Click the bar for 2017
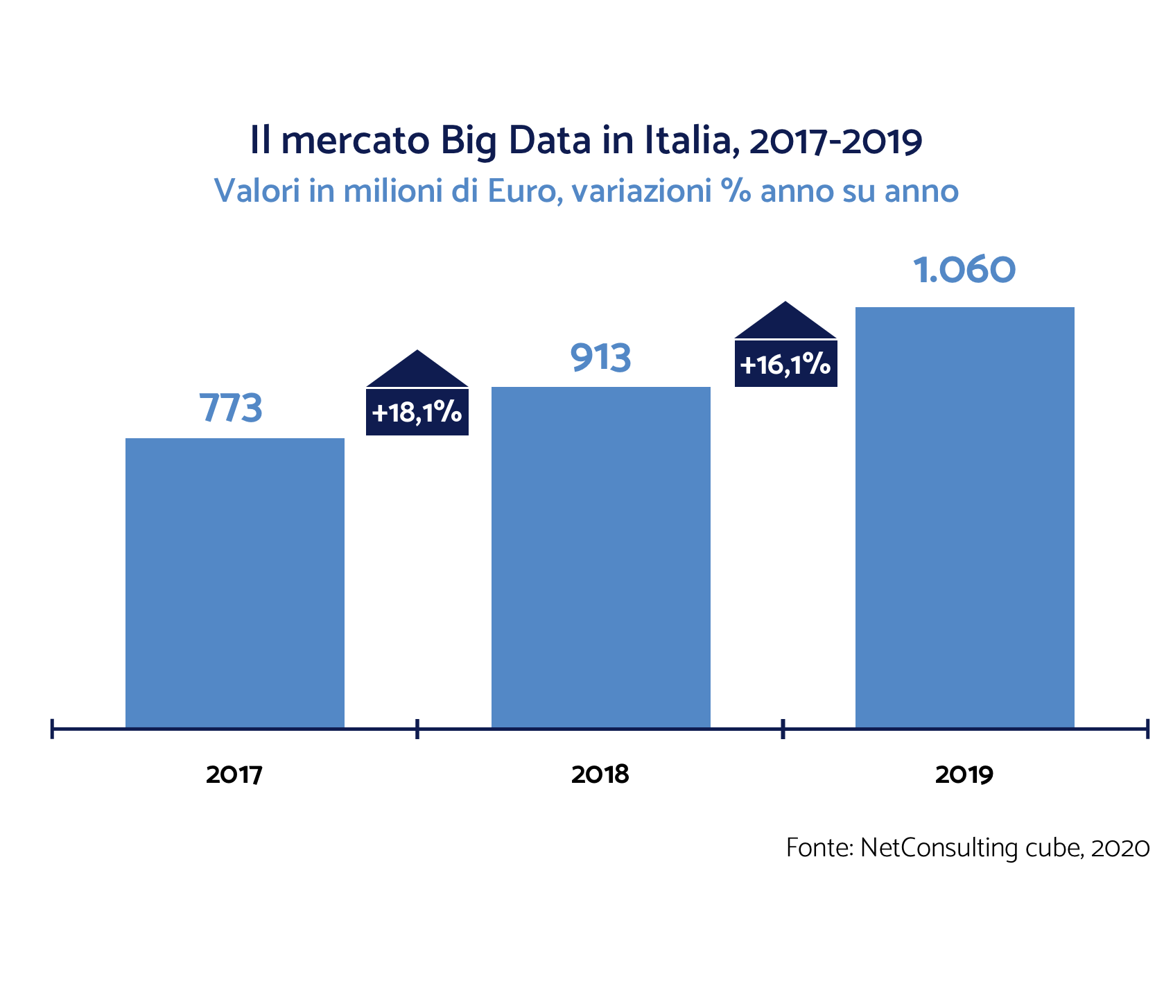coord(234,582)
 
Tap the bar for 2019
coord(964,517)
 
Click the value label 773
coord(231,408)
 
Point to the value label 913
coord(600,358)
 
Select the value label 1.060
coord(964,270)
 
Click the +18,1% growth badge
coord(417,413)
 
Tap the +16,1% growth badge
coord(785,364)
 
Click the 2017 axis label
coord(234,775)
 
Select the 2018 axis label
coord(600,775)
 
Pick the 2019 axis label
coord(964,775)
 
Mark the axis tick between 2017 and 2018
coord(417,729)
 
